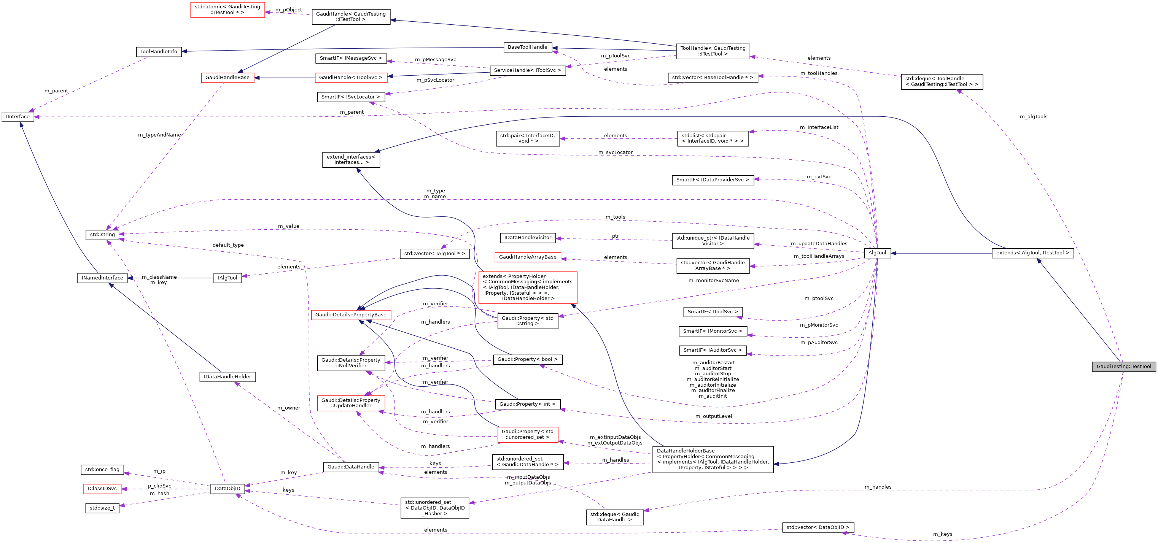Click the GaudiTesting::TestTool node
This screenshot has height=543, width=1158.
coord(1123,366)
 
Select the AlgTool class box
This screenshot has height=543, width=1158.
coord(877,253)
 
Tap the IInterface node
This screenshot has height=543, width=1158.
coord(18,117)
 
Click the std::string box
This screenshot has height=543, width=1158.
coord(102,235)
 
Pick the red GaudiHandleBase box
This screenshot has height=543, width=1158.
coord(227,78)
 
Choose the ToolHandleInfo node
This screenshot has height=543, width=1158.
coord(159,52)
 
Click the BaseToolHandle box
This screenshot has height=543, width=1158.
coord(527,47)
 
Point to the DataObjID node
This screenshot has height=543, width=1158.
coord(227,489)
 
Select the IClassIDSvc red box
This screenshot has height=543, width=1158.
coord(102,489)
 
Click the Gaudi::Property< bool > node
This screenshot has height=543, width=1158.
coord(527,360)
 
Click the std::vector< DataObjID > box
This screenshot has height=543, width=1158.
coord(818,528)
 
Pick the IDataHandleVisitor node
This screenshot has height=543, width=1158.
coord(527,238)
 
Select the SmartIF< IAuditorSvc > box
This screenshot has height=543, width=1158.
coord(713,350)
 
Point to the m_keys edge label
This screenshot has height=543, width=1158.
coord(942,535)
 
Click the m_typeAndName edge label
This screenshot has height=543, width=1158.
coord(159,135)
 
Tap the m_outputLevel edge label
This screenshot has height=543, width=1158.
coord(713,417)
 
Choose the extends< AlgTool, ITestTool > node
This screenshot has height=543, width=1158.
coord(1032,253)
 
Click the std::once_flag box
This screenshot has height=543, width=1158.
coord(102,470)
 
